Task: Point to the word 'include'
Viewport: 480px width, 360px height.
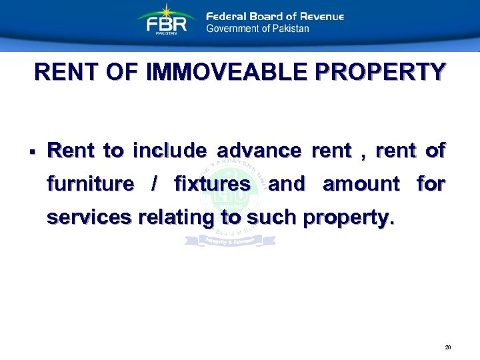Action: [169, 151]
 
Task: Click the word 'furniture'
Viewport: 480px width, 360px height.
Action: [90, 183]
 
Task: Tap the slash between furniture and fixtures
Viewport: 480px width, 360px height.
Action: [154, 183]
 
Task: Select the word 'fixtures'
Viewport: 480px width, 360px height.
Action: [212, 183]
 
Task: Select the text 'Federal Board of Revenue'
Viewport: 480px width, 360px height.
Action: [275, 16]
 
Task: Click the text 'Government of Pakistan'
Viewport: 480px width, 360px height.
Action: [257, 29]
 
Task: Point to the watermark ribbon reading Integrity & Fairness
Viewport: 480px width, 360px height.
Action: [230, 239]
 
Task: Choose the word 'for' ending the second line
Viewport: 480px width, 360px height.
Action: [431, 183]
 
